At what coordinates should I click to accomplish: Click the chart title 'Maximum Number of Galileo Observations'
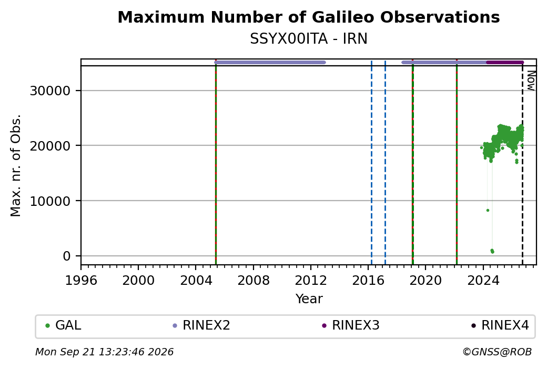(308, 17)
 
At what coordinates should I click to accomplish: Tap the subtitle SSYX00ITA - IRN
(308, 39)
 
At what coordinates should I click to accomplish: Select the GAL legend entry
(63, 325)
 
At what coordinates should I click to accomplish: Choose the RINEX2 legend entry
(201, 325)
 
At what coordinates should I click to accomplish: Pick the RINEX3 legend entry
(351, 325)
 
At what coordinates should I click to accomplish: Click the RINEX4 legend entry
(500, 325)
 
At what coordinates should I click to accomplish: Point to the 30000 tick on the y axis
(50, 91)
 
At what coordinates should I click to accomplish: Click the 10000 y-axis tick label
(50, 201)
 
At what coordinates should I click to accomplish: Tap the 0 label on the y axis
(67, 256)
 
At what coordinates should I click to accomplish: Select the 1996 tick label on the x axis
(81, 281)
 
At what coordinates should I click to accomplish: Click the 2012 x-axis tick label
(310, 281)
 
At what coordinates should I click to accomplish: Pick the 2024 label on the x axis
(483, 281)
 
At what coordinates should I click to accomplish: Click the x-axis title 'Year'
(309, 299)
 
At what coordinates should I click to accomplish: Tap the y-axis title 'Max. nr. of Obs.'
(16, 165)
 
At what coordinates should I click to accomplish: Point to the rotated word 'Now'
(531, 81)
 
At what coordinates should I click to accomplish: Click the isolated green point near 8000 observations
(488, 210)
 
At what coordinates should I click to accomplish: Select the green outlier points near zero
(492, 251)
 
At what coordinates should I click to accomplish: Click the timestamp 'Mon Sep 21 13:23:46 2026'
(104, 352)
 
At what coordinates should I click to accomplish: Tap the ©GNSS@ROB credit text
(497, 352)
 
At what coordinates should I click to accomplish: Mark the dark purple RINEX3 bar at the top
(505, 63)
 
